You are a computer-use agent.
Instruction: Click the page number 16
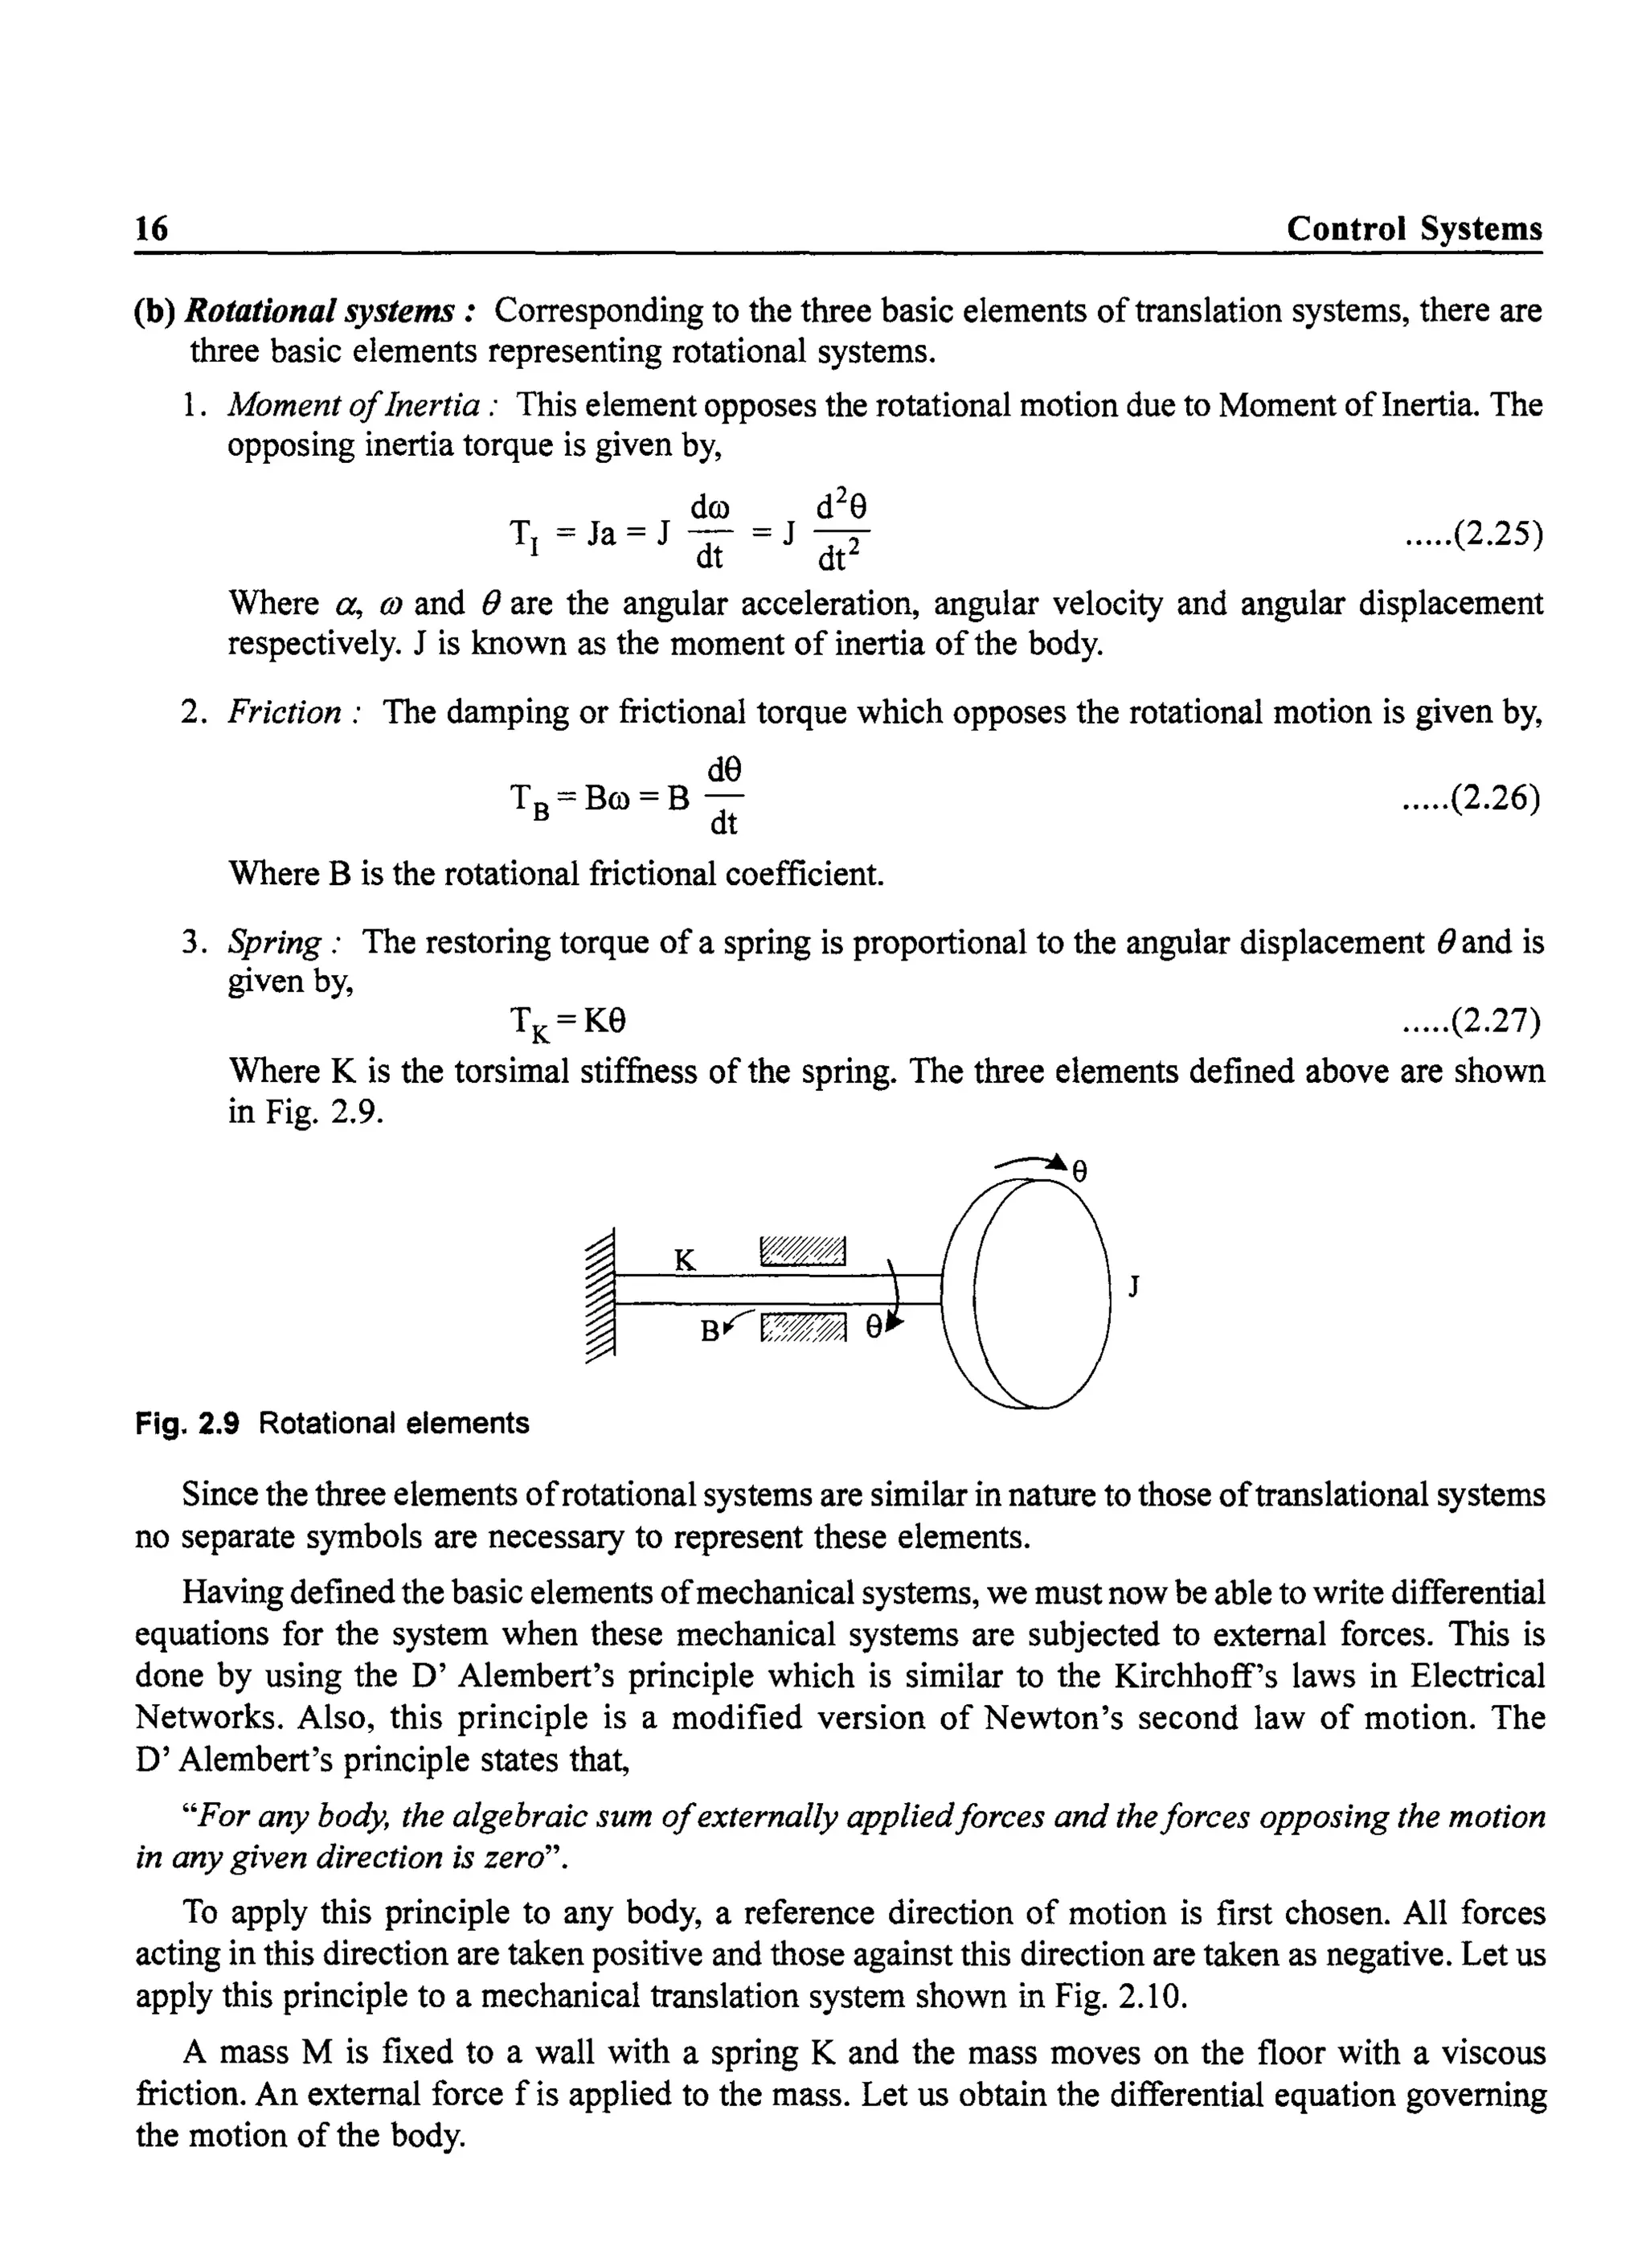click(151, 228)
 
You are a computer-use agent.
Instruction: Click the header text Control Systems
click(1413, 228)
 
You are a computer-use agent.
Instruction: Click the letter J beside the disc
click(1133, 1288)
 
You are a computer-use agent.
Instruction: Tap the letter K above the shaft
click(685, 1260)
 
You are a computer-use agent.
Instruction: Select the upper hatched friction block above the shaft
click(802, 1249)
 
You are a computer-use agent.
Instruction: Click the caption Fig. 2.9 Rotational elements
click(332, 1423)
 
